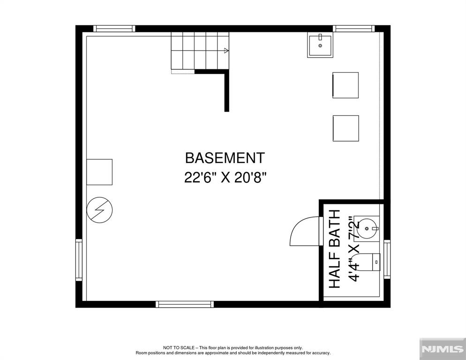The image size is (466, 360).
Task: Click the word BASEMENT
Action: pos(225,158)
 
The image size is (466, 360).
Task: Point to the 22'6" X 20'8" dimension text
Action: pos(225,178)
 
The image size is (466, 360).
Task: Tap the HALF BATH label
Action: pos(334,248)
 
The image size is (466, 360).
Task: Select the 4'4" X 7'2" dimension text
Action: pos(355,248)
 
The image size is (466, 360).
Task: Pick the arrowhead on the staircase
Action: pos(226,51)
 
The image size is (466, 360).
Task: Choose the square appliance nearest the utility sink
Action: pos(346,85)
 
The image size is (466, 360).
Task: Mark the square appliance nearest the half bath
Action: pos(346,128)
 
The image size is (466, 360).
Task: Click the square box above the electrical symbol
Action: pos(99,172)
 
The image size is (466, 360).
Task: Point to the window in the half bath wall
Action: pos(387,259)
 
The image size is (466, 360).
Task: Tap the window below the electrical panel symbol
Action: pos(79,260)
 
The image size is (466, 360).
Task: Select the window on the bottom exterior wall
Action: pos(185,304)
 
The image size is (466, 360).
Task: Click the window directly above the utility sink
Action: pos(355,29)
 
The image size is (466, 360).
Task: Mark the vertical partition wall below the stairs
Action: pos(227,91)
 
